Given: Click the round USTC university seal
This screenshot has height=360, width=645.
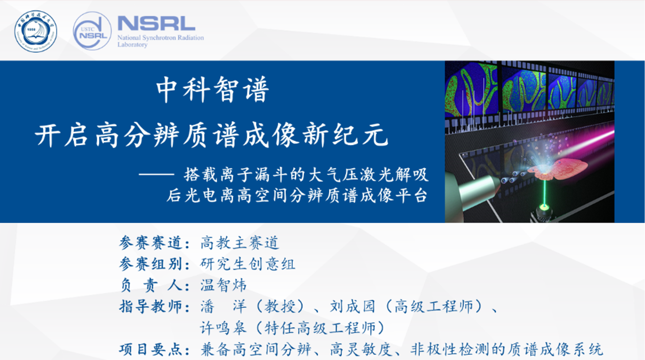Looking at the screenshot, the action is [x=36, y=31].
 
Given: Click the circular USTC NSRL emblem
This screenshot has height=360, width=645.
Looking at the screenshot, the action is [x=92, y=31].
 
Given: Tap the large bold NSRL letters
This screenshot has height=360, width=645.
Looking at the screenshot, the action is [x=156, y=24].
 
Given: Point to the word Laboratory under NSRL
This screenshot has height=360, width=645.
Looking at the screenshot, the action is [x=132, y=45].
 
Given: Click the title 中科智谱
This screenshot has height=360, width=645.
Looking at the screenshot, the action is [x=213, y=90].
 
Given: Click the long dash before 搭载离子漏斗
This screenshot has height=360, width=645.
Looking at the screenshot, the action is [x=156, y=174].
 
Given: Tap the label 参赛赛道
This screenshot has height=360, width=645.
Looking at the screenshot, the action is [x=151, y=243].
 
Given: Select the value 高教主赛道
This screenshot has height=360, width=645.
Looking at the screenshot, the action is [x=240, y=243].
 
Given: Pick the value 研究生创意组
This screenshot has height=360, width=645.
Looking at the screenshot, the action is [x=248, y=264].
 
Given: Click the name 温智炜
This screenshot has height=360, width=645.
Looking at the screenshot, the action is [x=223, y=285].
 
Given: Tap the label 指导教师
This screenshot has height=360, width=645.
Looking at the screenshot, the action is [x=151, y=307].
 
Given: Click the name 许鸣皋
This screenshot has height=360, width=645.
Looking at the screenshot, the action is [x=223, y=328].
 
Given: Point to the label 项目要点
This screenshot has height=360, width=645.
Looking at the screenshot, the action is [x=151, y=350].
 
